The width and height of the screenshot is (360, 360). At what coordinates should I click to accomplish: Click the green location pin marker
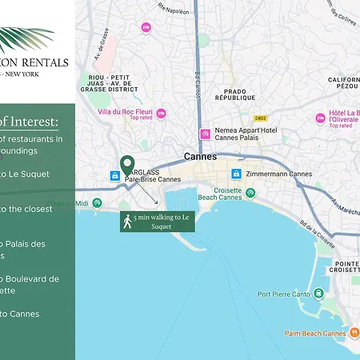tap(126, 166)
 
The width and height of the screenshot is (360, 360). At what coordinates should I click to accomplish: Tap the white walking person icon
tap(126, 222)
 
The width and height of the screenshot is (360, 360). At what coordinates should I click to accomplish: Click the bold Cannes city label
tap(200, 157)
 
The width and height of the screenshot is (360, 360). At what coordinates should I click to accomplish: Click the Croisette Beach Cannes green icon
tap(250, 193)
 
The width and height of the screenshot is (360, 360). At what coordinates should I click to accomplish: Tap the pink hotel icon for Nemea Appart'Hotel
tap(205, 133)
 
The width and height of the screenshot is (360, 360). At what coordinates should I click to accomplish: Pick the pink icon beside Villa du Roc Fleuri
tap(161, 114)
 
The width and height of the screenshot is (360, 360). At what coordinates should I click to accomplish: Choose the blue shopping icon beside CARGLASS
tap(115, 175)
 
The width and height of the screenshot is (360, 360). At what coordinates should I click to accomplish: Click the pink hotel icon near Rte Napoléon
tap(146, 27)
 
